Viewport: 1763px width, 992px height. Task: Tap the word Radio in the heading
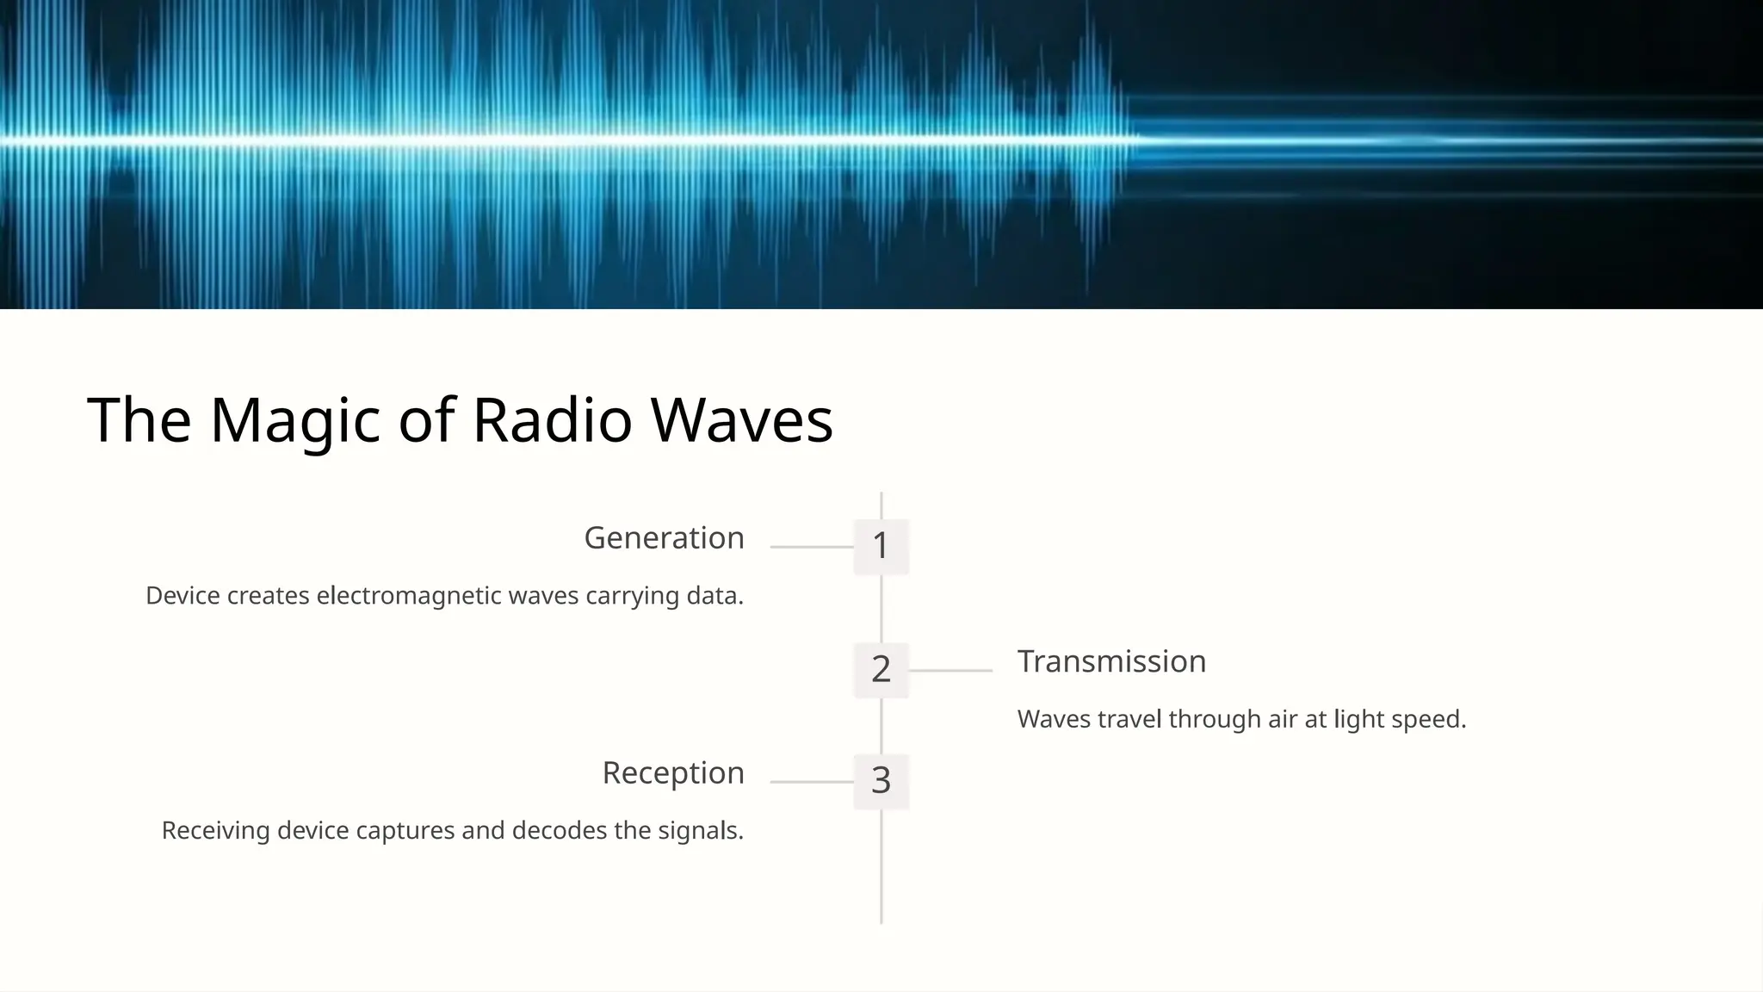[552, 421]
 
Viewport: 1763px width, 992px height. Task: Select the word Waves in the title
[741, 421]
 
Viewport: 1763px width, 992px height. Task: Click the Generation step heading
[664, 538]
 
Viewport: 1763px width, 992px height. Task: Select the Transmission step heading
[1111, 661]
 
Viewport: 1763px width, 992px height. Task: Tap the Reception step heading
[673, 773]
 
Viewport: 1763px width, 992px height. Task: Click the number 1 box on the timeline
[881, 546]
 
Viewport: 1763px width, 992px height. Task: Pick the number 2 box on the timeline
[881, 669]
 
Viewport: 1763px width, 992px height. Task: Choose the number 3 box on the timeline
[881, 781]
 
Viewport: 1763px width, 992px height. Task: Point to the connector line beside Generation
[811, 547]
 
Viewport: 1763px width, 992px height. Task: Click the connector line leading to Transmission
[950, 670]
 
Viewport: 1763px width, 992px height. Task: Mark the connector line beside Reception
[811, 782]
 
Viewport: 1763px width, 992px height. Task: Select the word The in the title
[139, 421]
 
